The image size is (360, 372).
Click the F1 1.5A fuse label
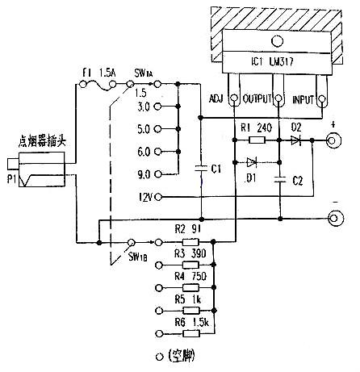coord(100,73)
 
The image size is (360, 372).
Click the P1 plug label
coord(11,180)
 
